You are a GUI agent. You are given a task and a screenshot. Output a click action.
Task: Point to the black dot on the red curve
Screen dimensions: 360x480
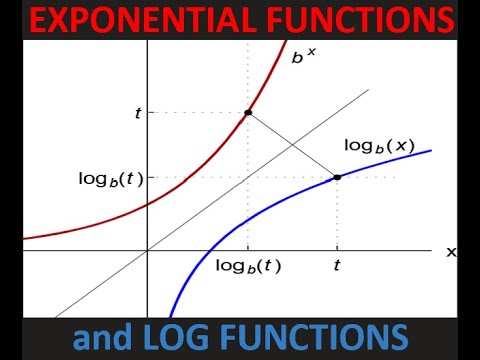point(247,112)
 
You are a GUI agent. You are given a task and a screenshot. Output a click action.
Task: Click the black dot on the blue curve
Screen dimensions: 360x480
point(337,177)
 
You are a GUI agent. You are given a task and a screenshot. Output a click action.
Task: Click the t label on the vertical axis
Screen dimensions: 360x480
point(137,113)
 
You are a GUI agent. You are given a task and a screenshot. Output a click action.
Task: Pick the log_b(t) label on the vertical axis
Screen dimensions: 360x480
point(110,179)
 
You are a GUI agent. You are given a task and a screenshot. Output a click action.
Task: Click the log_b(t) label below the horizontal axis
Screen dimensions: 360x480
point(248,266)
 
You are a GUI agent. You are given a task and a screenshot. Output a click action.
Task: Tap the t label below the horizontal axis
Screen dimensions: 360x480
point(337,266)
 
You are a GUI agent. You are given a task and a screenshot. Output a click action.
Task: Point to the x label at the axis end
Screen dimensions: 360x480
point(450,252)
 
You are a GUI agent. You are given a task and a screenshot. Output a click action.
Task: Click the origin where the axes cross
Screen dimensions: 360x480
point(147,250)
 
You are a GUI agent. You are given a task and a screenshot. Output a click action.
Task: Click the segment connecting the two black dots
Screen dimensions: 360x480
point(292,145)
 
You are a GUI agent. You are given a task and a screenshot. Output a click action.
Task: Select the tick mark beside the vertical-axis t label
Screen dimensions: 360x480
point(149,112)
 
